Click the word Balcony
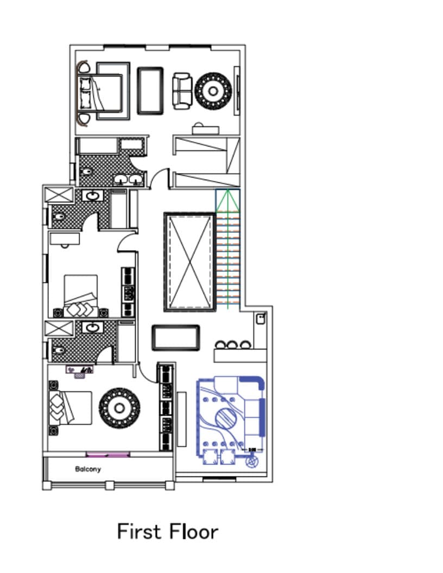pyautogui.click(x=88, y=469)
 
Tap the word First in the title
pyautogui.click(x=140, y=531)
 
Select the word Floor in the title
pyautogui.click(x=194, y=531)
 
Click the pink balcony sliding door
pyautogui.click(x=108, y=455)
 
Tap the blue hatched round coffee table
pyautogui.click(x=225, y=419)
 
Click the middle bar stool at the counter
pyautogui.click(x=232, y=345)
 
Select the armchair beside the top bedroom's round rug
pyautogui.click(x=182, y=91)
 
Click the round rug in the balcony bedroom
pyautogui.click(x=119, y=408)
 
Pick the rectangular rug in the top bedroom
pyautogui.click(x=150, y=91)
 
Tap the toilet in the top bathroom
pyautogui.click(x=86, y=171)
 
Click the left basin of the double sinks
pyautogui.click(x=121, y=179)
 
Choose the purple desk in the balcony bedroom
pyautogui.click(x=79, y=370)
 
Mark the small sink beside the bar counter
pyautogui.click(x=260, y=319)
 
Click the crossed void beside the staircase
pyautogui.click(x=189, y=262)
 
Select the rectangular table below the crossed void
pyautogui.click(x=176, y=338)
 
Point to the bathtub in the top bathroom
pyautogui.click(x=97, y=146)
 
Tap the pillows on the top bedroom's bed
pyautogui.click(x=85, y=93)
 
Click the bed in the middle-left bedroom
pyautogui.click(x=81, y=296)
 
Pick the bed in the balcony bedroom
pyautogui.click(x=70, y=408)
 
